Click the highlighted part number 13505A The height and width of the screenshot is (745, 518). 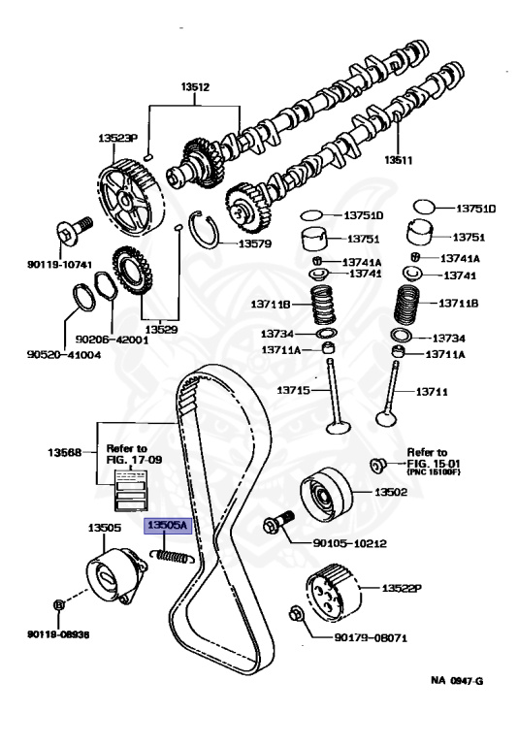pyautogui.click(x=168, y=526)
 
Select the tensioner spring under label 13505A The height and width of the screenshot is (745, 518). pyautogui.click(x=172, y=557)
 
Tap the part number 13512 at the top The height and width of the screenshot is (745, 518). pyautogui.click(x=195, y=87)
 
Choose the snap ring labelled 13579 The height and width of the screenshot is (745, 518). pyautogui.click(x=205, y=229)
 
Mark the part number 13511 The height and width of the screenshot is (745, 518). pyautogui.click(x=399, y=160)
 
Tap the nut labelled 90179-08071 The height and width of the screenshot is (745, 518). pyautogui.click(x=296, y=614)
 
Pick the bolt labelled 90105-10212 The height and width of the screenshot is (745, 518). pyautogui.click(x=278, y=521)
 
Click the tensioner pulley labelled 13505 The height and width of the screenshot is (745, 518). pyautogui.click(x=116, y=576)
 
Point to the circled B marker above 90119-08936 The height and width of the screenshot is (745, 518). pyautogui.click(x=58, y=605)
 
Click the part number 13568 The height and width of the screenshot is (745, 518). pyautogui.click(x=64, y=452)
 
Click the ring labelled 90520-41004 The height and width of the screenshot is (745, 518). pyautogui.click(x=84, y=298)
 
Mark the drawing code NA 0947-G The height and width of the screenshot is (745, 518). pyautogui.click(x=457, y=681)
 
